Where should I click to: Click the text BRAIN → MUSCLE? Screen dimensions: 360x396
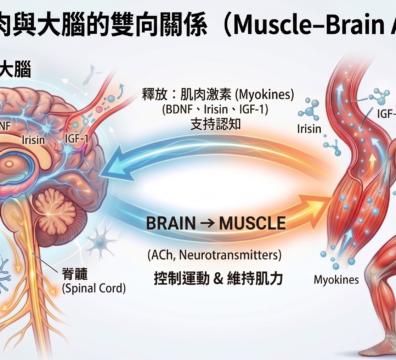tap(215, 222)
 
